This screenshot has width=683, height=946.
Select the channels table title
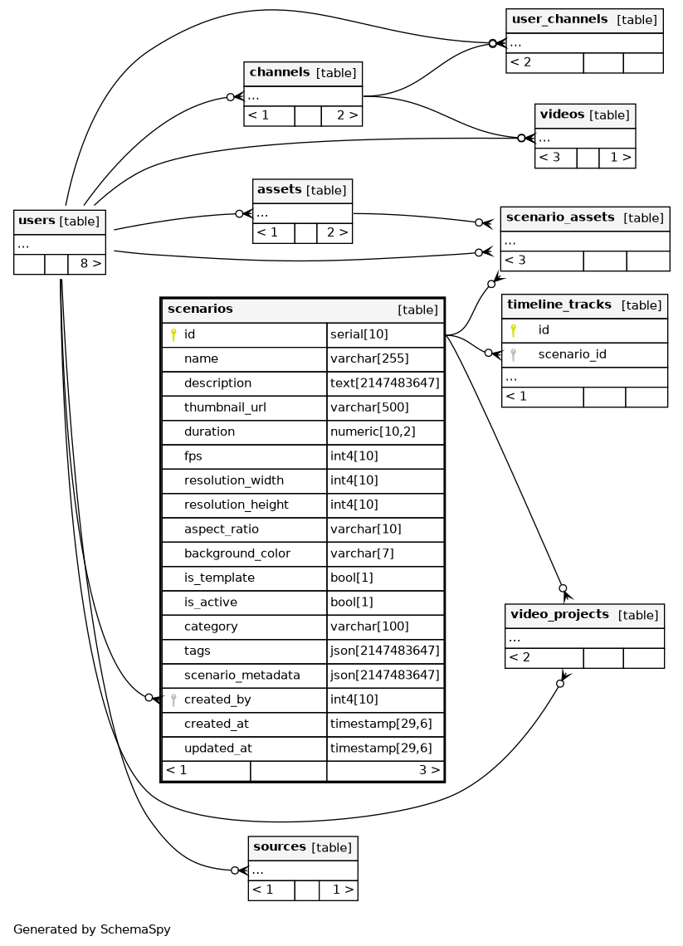pyautogui.click(x=280, y=72)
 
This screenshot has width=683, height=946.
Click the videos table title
pyautogui.click(x=562, y=115)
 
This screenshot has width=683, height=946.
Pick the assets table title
pyautogui.click(x=279, y=190)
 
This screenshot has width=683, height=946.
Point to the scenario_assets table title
pyautogui.click(x=560, y=218)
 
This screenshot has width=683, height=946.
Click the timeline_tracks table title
pyautogui.click(x=559, y=305)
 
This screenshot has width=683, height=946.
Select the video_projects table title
pyautogui.click(x=559, y=615)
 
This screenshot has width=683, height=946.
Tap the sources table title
pyautogui.click(x=280, y=847)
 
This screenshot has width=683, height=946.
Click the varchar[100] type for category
pyautogui.click(x=369, y=627)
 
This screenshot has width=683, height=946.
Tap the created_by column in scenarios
pyautogui.click(x=217, y=700)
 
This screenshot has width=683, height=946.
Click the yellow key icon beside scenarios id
pyautogui.click(x=173, y=334)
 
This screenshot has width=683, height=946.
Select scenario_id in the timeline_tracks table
pyautogui.click(x=572, y=354)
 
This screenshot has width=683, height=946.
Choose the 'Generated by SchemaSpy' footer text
pyautogui.click(x=92, y=929)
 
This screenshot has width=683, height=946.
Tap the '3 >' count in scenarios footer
pyautogui.click(x=428, y=770)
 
